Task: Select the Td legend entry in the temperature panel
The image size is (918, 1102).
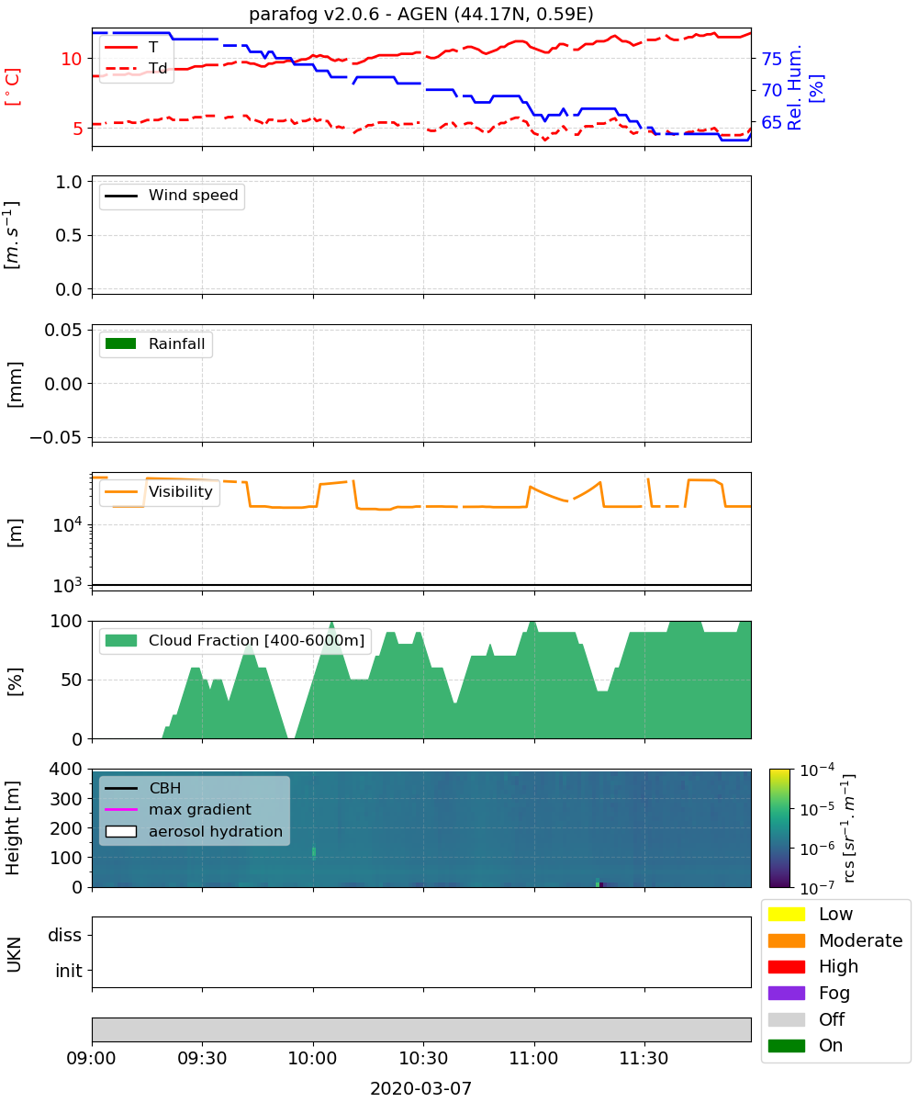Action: point(136,68)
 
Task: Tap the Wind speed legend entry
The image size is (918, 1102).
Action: point(172,196)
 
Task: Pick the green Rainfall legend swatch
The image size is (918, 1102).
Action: point(121,343)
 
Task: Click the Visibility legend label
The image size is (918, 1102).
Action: point(181,491)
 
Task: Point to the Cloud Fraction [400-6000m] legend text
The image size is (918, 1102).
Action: point(256,640)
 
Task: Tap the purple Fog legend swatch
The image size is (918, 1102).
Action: point(786,993)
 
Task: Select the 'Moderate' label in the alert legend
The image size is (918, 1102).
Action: point(860,940)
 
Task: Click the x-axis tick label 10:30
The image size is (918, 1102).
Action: point(423,1058)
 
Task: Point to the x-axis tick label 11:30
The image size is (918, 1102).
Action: point(644,1058)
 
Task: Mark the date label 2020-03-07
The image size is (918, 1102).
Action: point(421,1088)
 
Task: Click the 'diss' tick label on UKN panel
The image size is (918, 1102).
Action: point(65,935)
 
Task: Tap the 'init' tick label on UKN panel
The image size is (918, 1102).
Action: point(69,971)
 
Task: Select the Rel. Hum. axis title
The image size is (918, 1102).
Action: point(795,87)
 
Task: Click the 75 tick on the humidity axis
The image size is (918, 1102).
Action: point(771,59)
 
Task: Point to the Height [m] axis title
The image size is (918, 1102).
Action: point(12,827)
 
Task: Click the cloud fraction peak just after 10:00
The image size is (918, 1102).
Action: point(331,623)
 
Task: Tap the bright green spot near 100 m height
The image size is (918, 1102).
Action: point(314,853)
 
